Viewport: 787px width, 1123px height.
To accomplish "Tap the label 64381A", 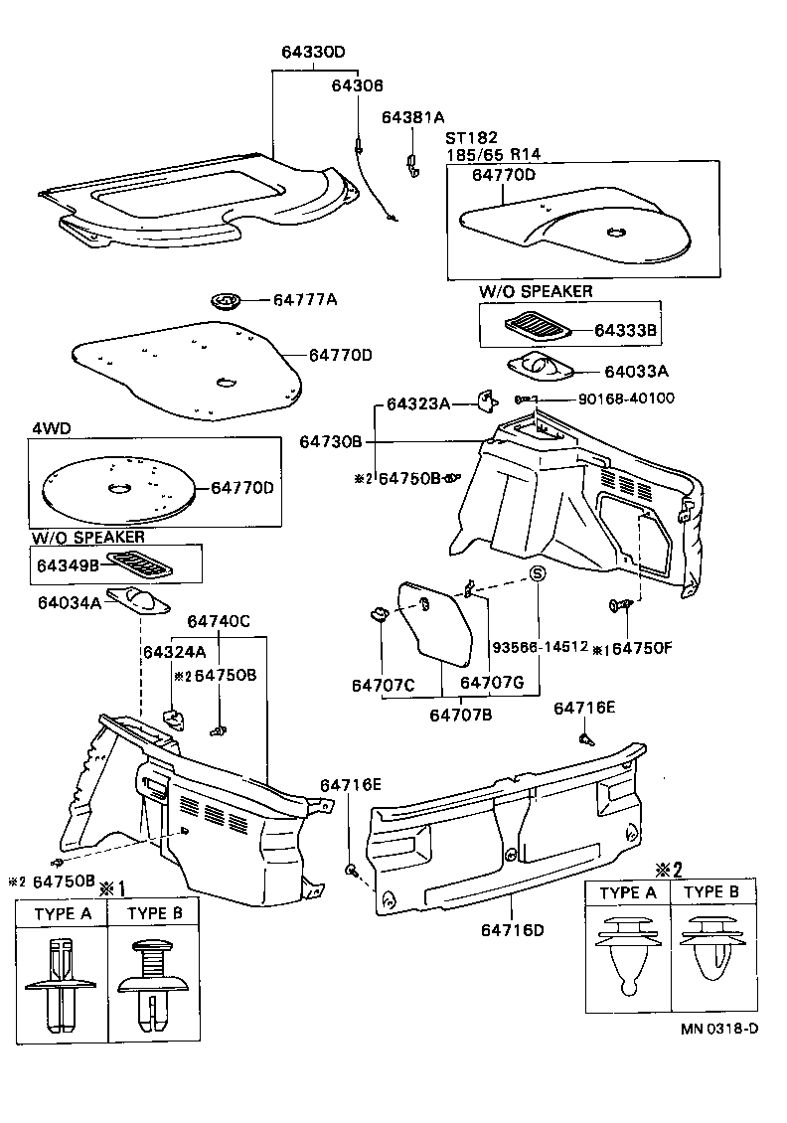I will [413, 117].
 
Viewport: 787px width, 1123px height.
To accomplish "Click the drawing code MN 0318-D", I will [719, 1029].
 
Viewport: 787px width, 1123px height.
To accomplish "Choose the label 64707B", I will [461, 713].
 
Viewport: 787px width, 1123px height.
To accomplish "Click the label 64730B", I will [331, 440].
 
